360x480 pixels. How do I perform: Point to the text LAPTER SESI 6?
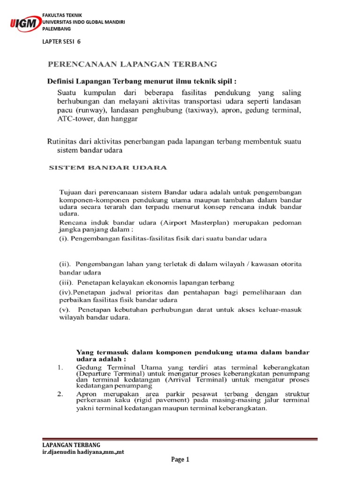click(x=61, y=41)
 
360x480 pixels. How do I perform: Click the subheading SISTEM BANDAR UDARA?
click(x=108, y=167)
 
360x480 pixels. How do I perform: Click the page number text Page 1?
click(x=180, y=460)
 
